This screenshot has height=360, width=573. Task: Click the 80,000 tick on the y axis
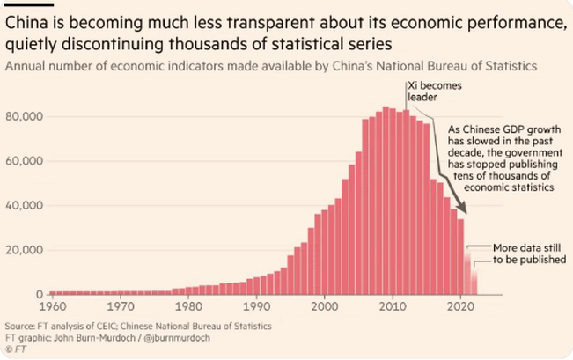click(24, 117)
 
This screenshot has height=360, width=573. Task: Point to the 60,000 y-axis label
click(24, 161)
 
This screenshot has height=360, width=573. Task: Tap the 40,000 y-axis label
click(24, 206)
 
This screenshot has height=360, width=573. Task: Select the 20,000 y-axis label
click(24, 250)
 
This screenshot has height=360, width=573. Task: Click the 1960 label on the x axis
click(51, 307)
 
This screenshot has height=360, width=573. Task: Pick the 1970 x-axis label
click(120, 307)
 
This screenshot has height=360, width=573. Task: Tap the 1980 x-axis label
click(187, 307)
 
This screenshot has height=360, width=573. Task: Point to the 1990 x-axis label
click(256, 307)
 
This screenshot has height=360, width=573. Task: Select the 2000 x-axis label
click(324, 307)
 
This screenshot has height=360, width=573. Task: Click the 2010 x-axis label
click(393, 307)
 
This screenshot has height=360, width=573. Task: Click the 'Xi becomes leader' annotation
click(434, 92)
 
